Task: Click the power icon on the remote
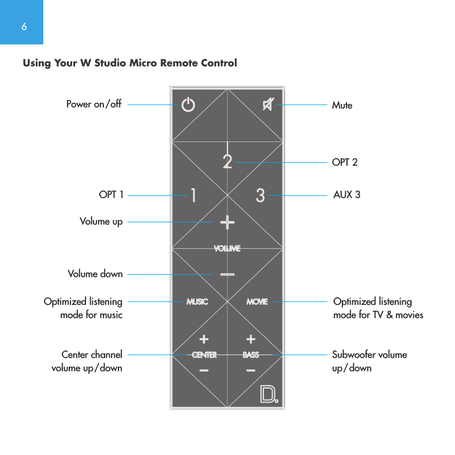188,105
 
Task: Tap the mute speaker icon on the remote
268,105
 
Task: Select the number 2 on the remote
228,161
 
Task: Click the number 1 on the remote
193,196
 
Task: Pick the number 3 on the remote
260,196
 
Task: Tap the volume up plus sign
227,222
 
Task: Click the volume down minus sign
227,274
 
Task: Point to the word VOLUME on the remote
227,248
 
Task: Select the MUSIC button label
197,301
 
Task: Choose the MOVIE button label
257,301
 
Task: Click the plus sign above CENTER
204,338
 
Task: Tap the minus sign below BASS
251,371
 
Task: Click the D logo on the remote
268,394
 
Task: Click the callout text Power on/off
94,105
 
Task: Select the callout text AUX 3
346,195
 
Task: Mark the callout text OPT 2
345,162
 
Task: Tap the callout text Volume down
95,274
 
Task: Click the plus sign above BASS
251,338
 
